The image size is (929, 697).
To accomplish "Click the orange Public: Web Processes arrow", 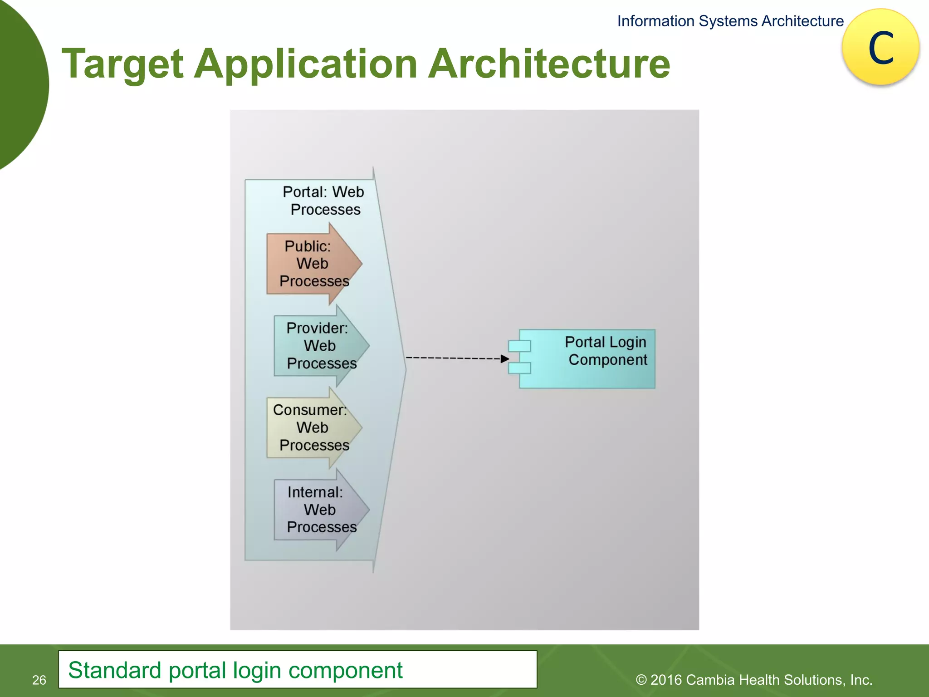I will coord(313,264).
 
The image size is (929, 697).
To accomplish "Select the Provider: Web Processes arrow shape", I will coord(320,346).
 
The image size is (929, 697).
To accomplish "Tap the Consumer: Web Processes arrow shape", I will coord(313,428).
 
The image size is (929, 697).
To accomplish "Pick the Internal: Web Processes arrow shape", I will coord(320,510).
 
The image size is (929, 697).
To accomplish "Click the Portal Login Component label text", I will coord(606,351).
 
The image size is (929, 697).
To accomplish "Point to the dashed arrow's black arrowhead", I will coord(505,358).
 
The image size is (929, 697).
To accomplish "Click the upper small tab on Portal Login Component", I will coord(519,346).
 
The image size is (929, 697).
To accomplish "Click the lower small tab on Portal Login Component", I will coord(519,368).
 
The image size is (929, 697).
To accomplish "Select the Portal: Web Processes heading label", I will coord(324,201).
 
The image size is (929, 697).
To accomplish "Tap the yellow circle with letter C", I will coord(880,48).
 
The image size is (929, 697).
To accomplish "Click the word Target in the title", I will coord(122,64).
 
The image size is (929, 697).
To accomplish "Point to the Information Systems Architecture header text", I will coord(730,21).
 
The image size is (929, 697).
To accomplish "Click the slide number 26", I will coord(39,680).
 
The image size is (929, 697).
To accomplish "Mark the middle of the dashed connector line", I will coord(454,358).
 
